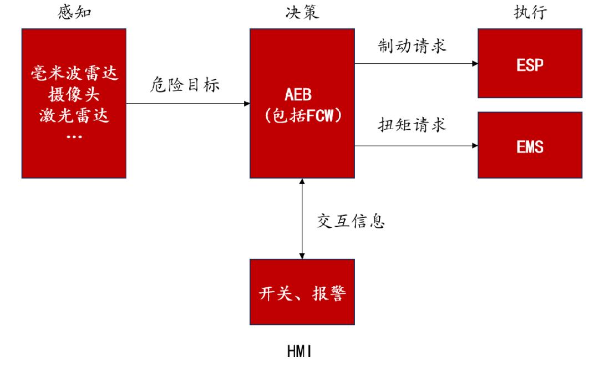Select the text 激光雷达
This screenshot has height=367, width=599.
pyautogui.click(x=74, y=115)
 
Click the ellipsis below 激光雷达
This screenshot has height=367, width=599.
pyautogui.click(x=74, y=135)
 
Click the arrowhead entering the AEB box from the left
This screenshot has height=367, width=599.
pyautogui.click(x=247, y=104)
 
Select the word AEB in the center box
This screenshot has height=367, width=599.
pyautogui.click(x=302, y=93)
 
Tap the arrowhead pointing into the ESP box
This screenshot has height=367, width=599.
pyautogui.click(x=475, y=64)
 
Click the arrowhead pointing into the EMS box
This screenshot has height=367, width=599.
pyautogui.click(x=475, y=146)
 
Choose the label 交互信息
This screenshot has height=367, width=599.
pyautogui.click(x=351, y=221)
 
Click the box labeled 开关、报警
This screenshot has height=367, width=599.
pyautogui.click(x=302, y=292)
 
